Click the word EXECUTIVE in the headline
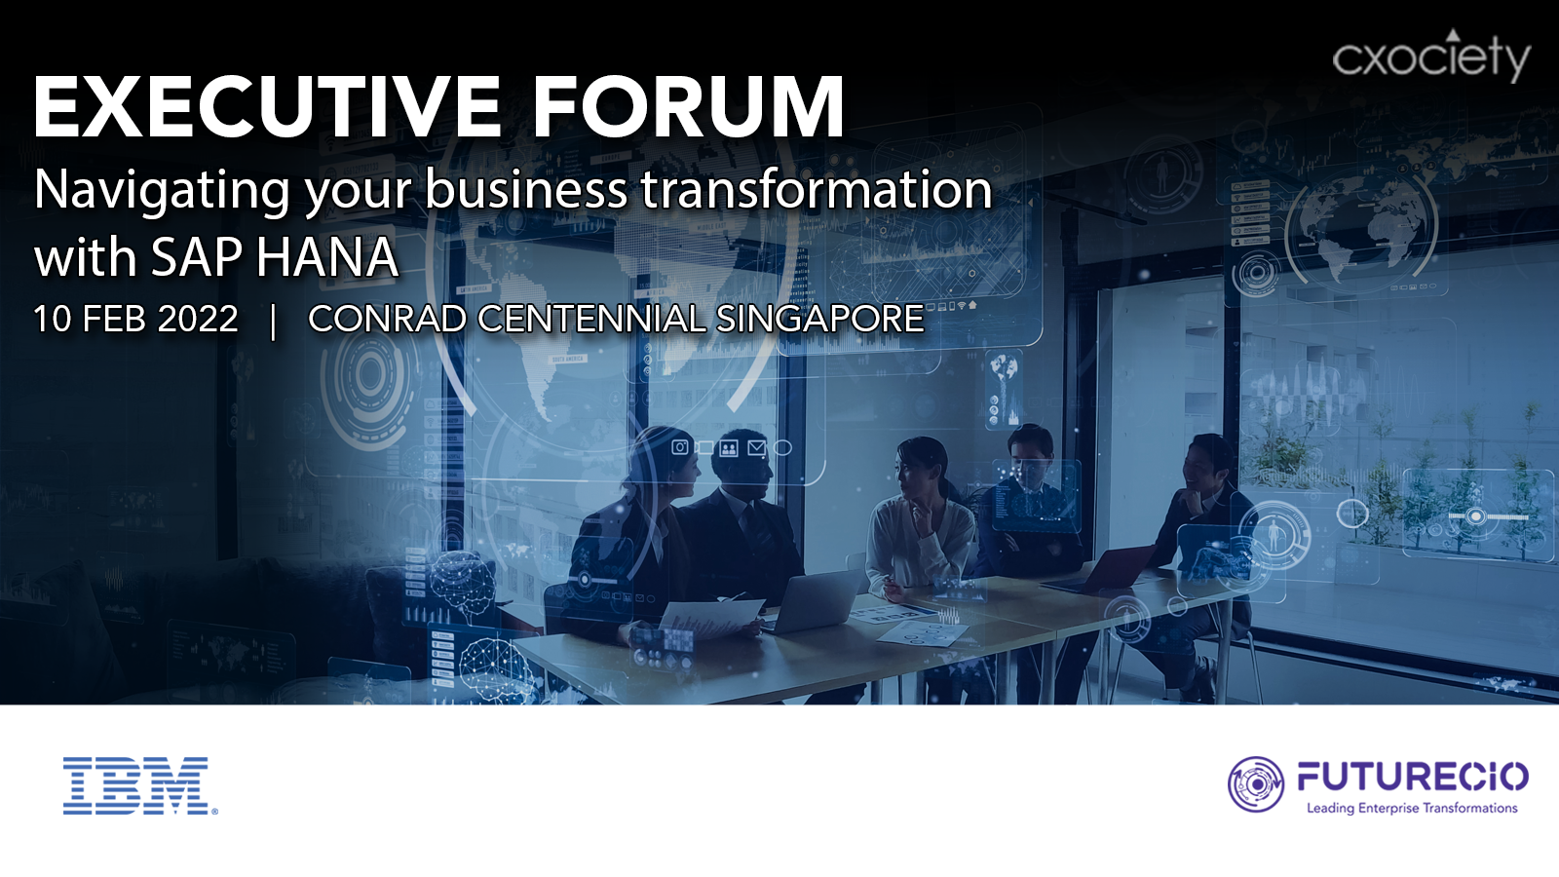[267, 108]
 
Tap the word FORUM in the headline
[689, 108]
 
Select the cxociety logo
[1431, 56]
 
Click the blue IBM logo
[140, 785]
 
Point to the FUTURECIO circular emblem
[1256, 784]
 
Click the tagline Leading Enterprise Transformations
[1412, 808]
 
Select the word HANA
[326, 257]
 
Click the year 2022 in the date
[198, 319]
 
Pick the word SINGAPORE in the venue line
[819, 319]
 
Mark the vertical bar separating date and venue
[274, 321]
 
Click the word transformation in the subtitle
[816, 188]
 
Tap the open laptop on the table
[816, 599]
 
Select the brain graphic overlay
[462, 578]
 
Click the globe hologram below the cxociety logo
[1360, 226]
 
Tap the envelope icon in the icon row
[756, 447]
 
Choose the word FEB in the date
[114, 319]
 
